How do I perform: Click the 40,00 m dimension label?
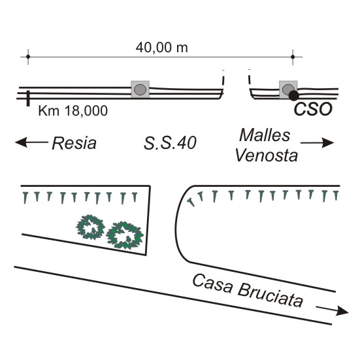point(162,48)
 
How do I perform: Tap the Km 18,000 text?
point(73,110)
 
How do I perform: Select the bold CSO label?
point(313,109)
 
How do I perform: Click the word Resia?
point(74,143)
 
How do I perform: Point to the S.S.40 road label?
point(170,143)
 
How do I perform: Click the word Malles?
point(265,135)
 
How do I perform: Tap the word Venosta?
point(267,155)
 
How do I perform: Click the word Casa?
point(212,284)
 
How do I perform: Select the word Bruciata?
point(270,296)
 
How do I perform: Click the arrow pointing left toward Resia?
point(31,142)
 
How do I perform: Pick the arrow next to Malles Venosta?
point(318,143)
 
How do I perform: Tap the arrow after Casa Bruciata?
point(332,310)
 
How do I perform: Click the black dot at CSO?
point(293,95)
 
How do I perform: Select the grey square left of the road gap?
point(140,90)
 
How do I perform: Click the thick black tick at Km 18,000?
point(28,99)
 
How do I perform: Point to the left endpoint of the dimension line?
point(28,56)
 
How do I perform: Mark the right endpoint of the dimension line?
point(293,56)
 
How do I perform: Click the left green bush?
point(90,227)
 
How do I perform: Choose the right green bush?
point(125,236)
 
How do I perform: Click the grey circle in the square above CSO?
point(288,90)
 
